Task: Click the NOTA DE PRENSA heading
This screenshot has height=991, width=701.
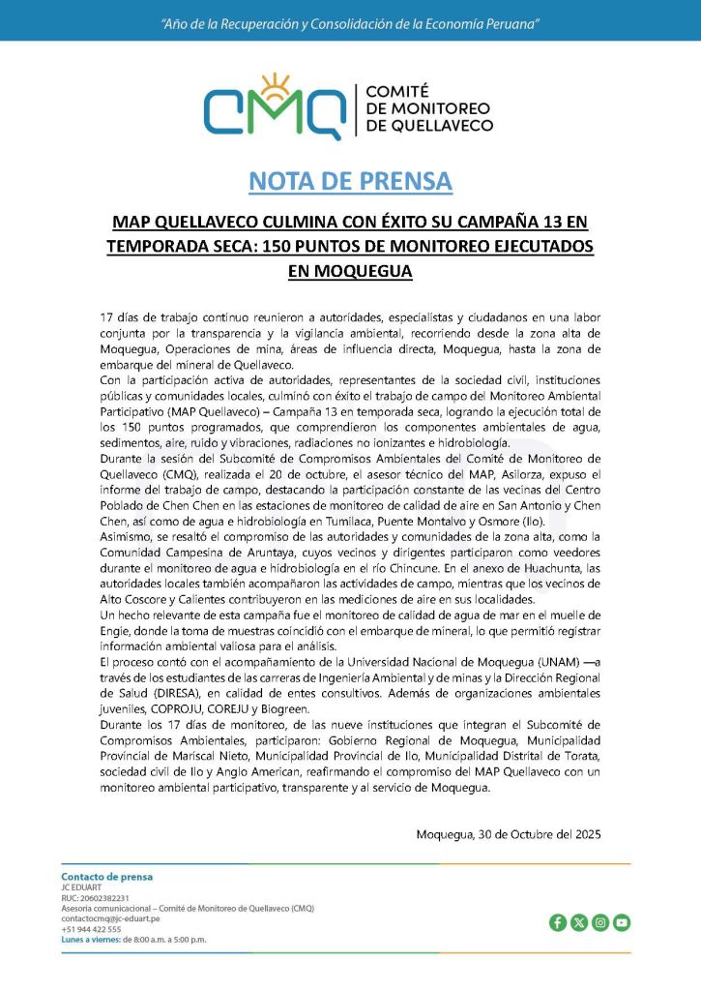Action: (x=350, y=181)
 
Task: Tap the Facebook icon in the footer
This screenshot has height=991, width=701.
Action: (x=558, y=922)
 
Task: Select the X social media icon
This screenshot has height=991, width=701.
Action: (x=579, y=922)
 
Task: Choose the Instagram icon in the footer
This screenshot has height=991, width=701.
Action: (x=600, y=922)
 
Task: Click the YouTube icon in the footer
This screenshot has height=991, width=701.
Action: (x=622, y=922)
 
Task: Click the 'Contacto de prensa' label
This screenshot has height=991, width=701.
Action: (x=106, y=877)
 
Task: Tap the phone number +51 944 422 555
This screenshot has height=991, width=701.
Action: (x=91, y=929)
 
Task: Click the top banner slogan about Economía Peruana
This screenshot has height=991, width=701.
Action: (x=350, y=22)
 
